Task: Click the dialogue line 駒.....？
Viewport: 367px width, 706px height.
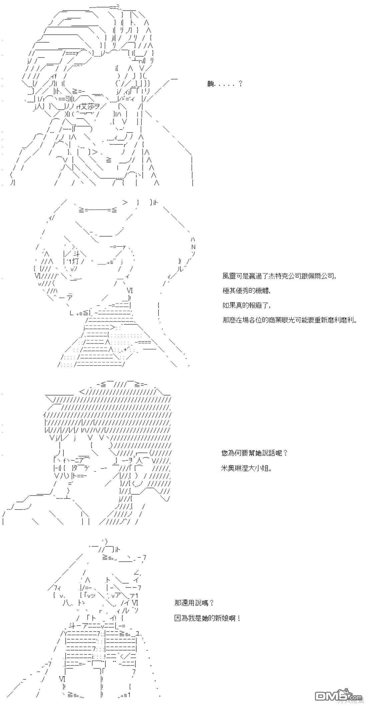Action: click(x=225, y=84)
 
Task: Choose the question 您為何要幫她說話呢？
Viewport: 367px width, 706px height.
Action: click(x=255, y=453)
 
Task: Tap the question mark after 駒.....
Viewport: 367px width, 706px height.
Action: click(x=240, y=84)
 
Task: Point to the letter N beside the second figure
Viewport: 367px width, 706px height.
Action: click(x=193, y=247)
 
